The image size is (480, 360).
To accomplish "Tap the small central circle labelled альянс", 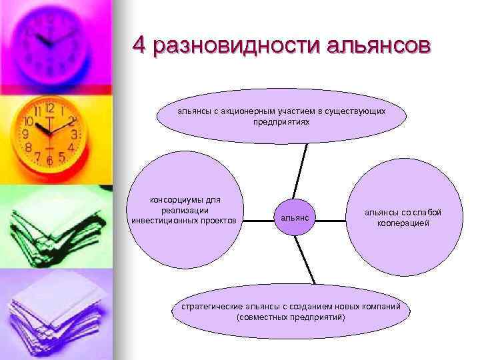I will click(x=294, y=217).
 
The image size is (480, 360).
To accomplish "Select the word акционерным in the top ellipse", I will click(x=250, y=111).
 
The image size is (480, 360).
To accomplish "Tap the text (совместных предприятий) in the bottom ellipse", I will click(x=291, y=317).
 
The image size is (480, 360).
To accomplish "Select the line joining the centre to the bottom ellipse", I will click(x=306, y=264).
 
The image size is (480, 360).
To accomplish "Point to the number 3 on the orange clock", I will click(x=75, y=134).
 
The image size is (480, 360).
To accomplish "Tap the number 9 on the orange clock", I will click(x=25, y=134).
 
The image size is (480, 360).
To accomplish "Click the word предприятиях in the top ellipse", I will click(x=281, y=123).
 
